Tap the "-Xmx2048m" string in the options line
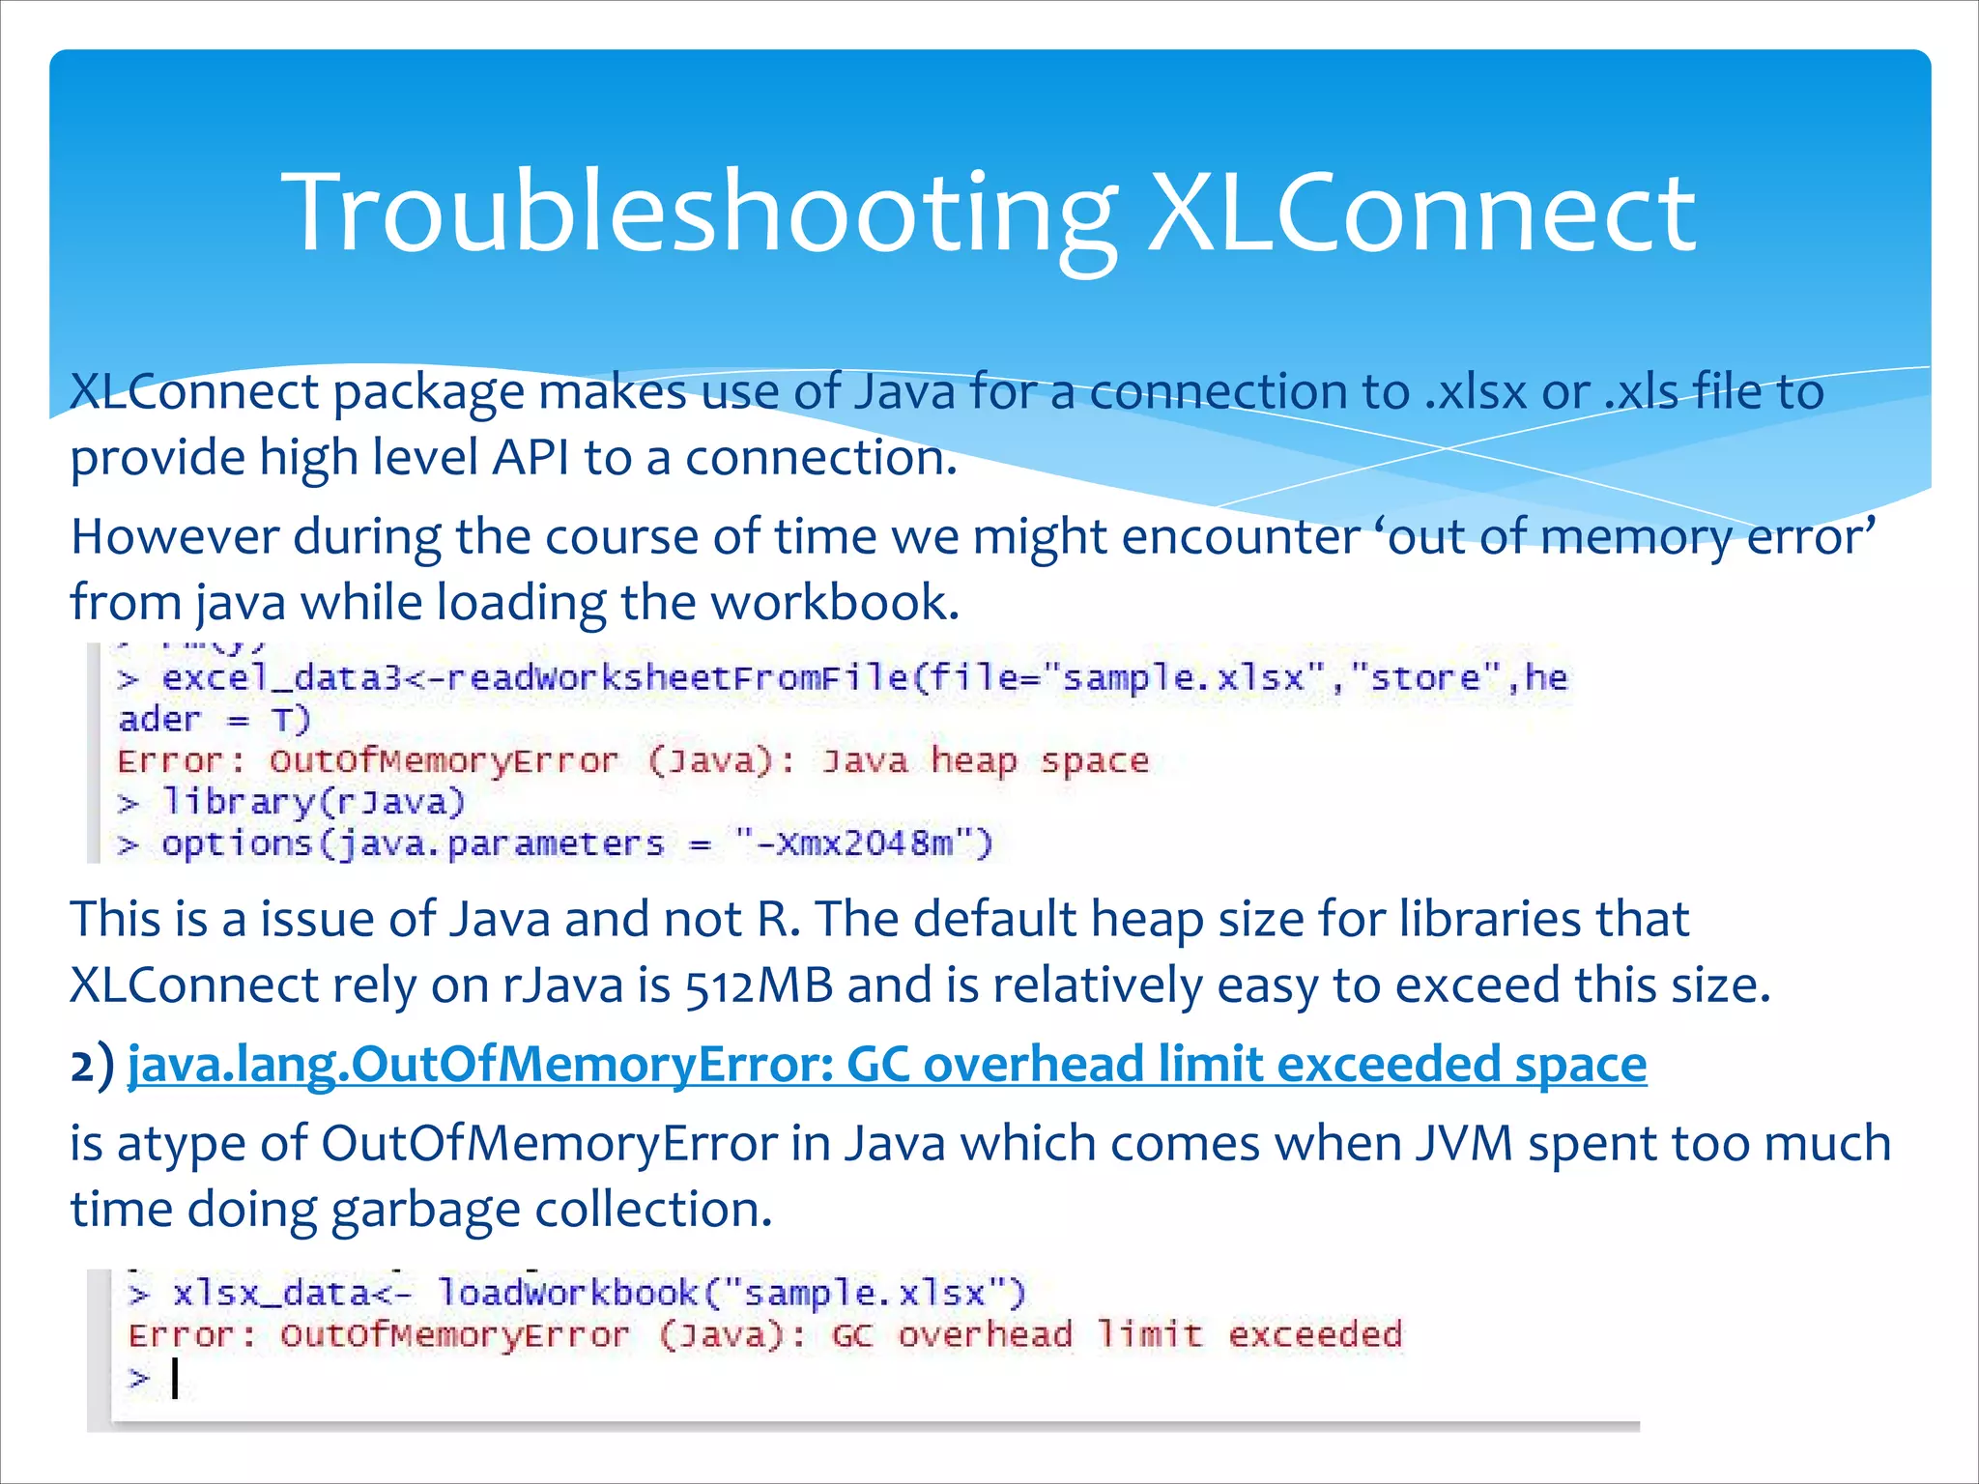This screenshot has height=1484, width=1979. pos(862,843)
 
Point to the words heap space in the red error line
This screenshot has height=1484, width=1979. pos(1039,760)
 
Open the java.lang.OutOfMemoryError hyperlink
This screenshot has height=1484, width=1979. pos(887,1065)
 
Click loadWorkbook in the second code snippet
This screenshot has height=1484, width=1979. pos(567,1292)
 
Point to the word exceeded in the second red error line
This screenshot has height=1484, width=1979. pos(1314,1334)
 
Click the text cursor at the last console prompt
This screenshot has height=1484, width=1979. pos(175,1378)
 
